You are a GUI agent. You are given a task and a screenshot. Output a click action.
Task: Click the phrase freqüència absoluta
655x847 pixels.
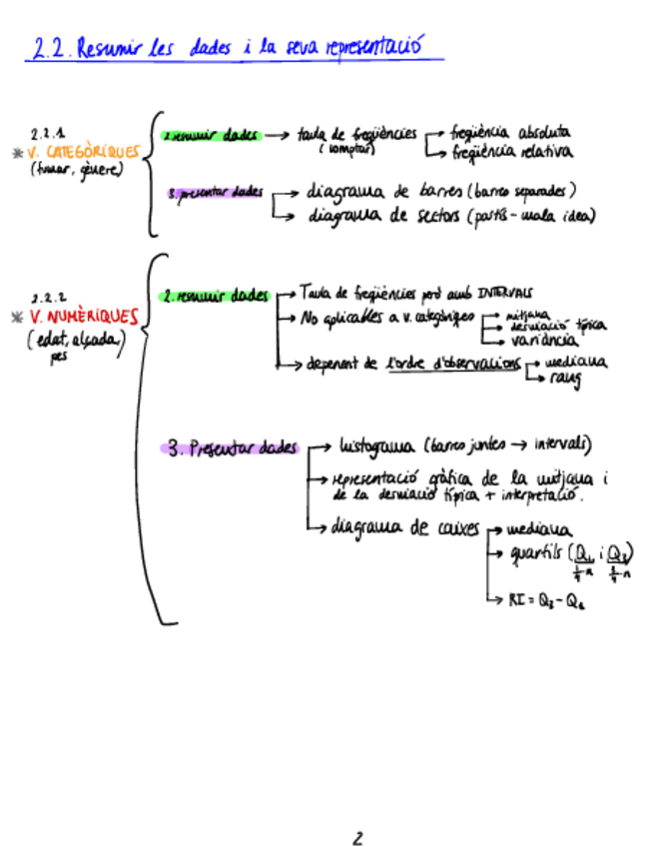click(510, 132)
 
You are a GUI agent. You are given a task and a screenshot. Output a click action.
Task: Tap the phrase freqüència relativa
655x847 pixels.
click(510, 153)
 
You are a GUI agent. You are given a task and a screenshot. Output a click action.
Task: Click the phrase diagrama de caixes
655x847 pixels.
click(405, 528)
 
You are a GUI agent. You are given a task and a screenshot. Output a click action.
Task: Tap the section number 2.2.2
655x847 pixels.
click(47, 297)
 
